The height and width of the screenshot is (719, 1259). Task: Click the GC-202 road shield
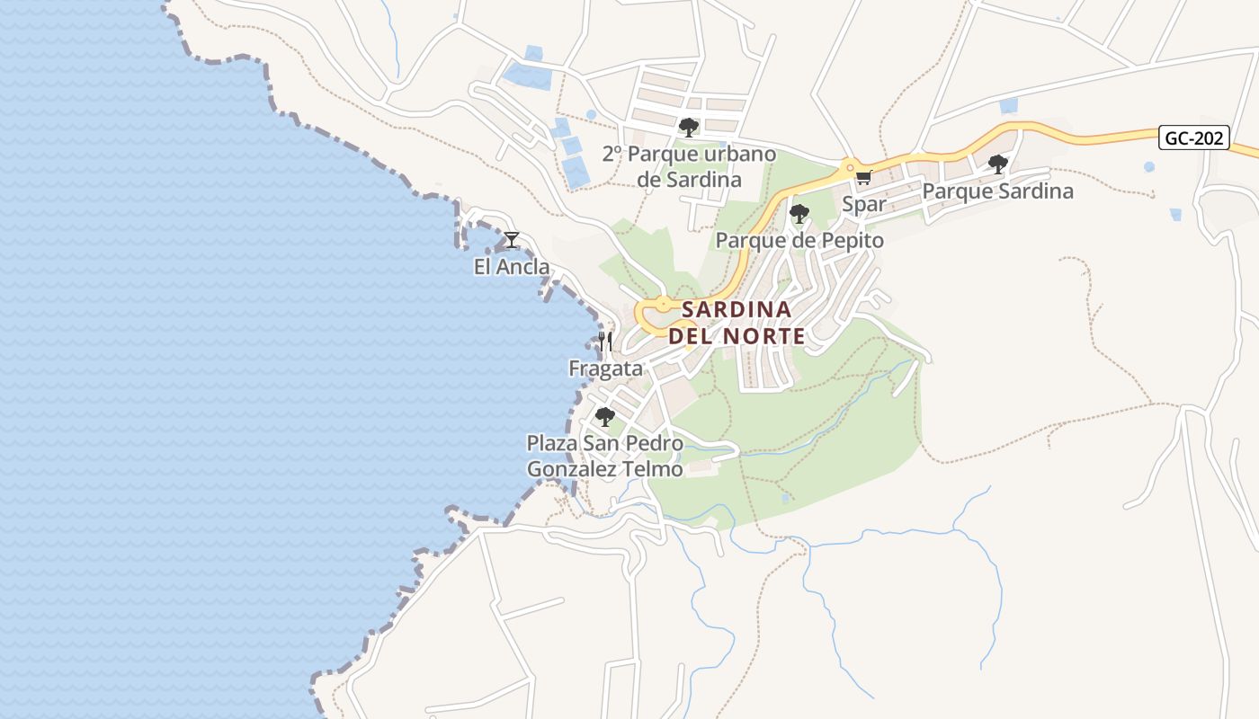coord(1193,138)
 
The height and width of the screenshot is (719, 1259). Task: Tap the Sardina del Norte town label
coord(737,323)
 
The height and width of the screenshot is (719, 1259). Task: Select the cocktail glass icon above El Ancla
coord(512,240)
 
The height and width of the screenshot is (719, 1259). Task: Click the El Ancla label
coord(512,267)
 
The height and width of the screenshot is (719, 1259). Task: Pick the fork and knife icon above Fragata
coord(605,342)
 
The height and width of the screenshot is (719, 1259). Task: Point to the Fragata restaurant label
coord(605,368)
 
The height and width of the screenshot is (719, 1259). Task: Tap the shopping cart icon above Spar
coord(864,177)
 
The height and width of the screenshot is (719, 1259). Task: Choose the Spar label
coord(864,205)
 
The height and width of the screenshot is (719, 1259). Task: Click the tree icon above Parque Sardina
coord(997,164)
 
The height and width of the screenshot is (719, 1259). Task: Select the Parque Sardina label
coord(997,191)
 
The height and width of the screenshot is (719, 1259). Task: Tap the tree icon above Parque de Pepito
coord(799,213)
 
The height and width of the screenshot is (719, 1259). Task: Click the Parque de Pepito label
coord(799,241)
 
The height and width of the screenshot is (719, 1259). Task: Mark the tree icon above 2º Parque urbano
coord(689,127)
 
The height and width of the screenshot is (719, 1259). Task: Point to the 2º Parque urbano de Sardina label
coord(689,166)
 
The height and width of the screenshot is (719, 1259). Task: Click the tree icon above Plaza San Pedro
coord(605,416)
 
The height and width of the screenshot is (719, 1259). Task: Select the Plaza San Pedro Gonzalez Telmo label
coord(604,456)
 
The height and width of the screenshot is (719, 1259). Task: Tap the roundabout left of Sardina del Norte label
coord(663,305)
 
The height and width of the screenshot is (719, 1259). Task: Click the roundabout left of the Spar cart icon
coord(848,167)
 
